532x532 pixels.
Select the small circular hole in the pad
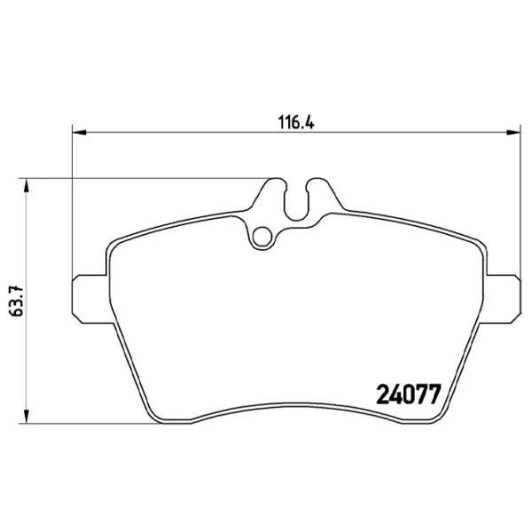262,237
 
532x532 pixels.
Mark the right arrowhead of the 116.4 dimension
511,134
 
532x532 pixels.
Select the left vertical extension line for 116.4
71,204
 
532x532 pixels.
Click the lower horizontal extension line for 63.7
89,421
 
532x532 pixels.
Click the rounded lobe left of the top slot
275,189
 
